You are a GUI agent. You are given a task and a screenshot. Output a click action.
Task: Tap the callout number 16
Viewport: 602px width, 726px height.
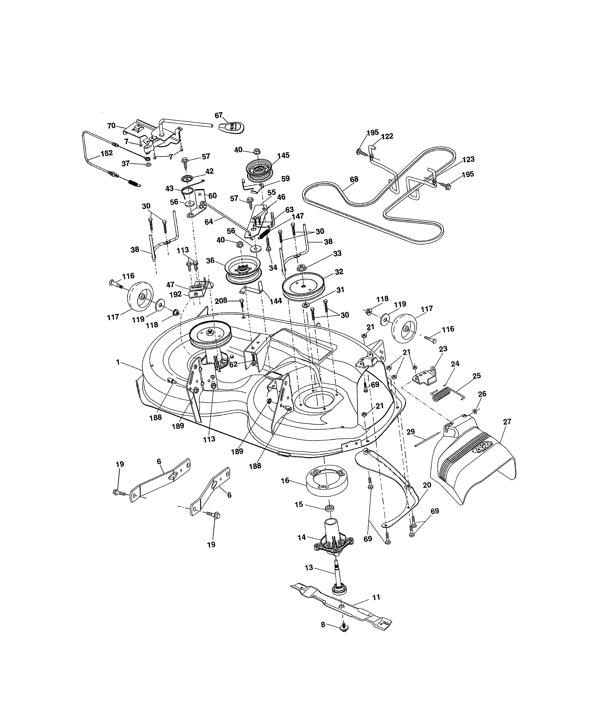(x=285, y=480)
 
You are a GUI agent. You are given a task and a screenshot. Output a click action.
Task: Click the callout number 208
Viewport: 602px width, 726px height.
(x=221, y=301)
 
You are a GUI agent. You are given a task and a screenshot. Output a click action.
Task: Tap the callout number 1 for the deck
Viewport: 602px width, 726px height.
(x=118, y=362)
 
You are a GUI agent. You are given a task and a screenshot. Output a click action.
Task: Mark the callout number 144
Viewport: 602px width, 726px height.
(x=275, y=301)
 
